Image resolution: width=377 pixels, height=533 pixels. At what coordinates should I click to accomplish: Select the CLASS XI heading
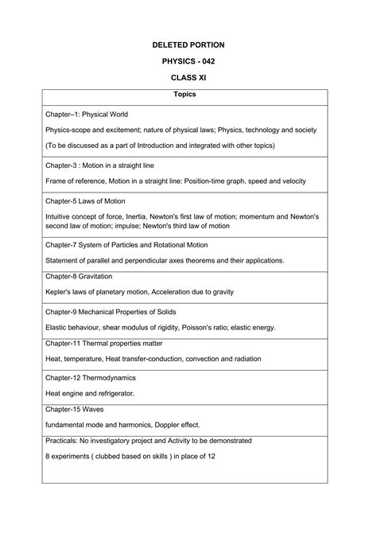coord(188,80)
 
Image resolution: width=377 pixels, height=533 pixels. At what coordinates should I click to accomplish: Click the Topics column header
coord(188,95)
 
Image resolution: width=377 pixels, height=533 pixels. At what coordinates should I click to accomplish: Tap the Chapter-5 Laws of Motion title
coord(85,201)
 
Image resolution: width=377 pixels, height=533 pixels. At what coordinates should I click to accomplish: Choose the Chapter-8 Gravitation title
coord(79,276)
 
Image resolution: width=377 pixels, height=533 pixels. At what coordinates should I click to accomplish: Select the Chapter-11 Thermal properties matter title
coord(104,343)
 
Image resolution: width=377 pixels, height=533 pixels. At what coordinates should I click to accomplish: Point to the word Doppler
coord(168,425)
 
